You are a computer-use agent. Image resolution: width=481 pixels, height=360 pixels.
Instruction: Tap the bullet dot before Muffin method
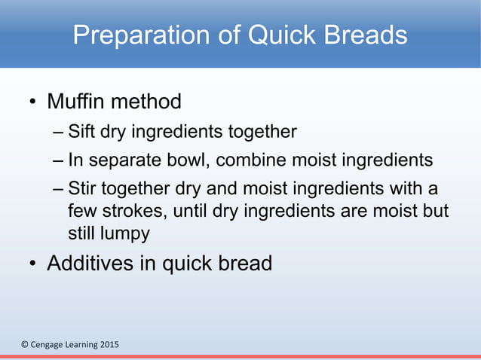click(x=32, y=102)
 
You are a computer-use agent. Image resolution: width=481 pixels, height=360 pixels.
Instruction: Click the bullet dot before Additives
click(x=32, y=265)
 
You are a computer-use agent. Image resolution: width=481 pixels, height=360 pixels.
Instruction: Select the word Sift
click(x=81, y=133)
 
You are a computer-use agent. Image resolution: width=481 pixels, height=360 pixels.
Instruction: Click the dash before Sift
click(x=59, y=133)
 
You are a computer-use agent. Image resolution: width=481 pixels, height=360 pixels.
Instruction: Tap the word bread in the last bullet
click(x=244, y=264)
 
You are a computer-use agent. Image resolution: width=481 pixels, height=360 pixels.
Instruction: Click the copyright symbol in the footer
click(x=24, y=345)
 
